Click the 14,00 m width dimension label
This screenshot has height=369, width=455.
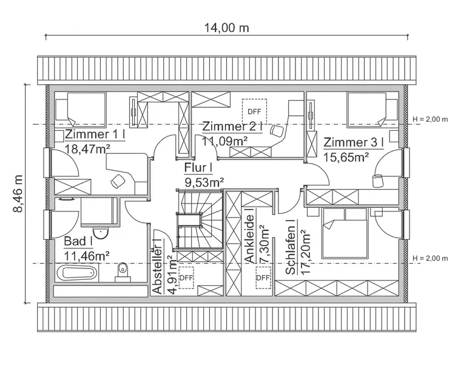click(x=226, y=28)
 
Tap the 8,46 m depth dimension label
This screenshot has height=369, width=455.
click(x=19, y=193)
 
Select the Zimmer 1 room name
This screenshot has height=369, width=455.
click(x=94, y=135)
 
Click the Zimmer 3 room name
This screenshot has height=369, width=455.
click(x=354, y=143)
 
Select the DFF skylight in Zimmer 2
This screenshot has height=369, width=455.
click(x=253, y=111)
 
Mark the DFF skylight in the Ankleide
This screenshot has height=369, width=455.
click(x=263, y=278)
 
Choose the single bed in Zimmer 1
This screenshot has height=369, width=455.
click(x=79, y=109)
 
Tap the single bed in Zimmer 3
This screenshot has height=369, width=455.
click(x=371, y=109)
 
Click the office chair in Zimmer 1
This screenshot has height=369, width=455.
click(x=117, y=181)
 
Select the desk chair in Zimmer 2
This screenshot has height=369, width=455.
click(x=277, y=130)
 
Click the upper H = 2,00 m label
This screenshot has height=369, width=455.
click(x=430, y=119)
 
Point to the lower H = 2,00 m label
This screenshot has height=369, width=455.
click(x=430, y=259)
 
